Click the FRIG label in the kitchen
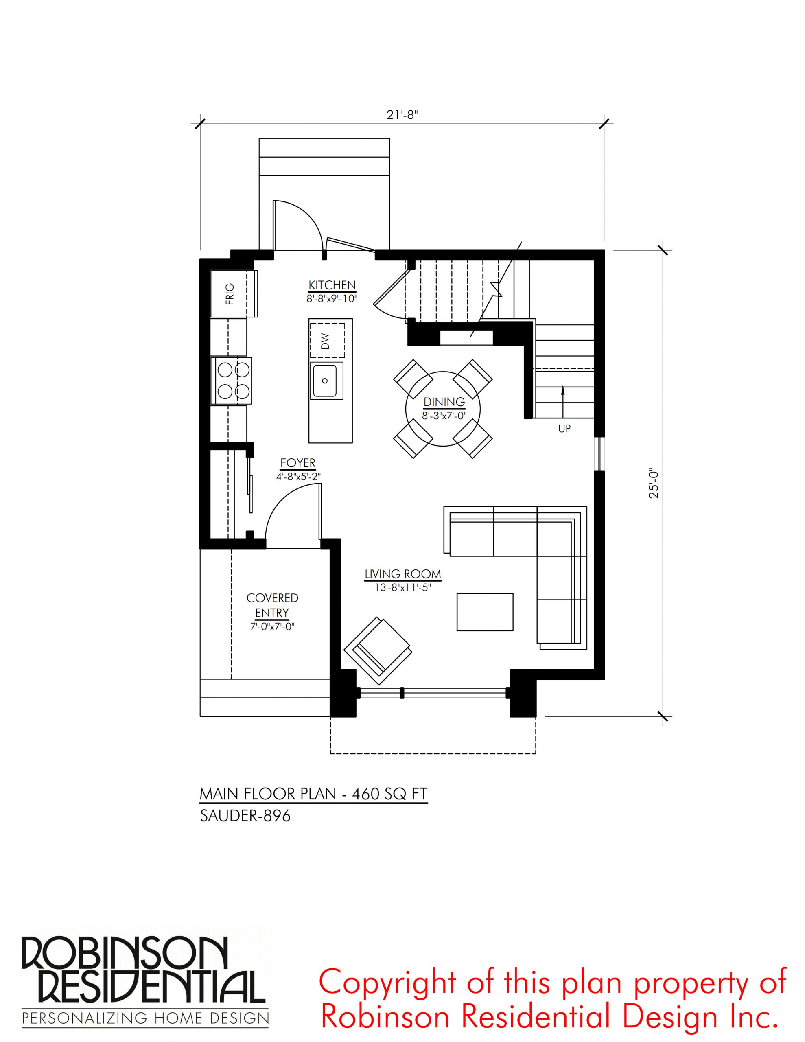[x=230, y=294]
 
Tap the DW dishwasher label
[x=326, y=341]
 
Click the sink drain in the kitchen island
[x=325, y=381]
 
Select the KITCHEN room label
[x=332, y=285]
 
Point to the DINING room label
[x=444, y=402]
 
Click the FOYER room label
[x=298, y=463]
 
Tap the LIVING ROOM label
[x=403, y=574]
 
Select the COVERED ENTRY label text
[x=272, y=605]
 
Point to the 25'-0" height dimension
[x=654, y=484]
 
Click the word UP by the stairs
[x=564, y=429]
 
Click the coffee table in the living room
[x=485, y=612]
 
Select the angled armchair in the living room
[x=377, y=646]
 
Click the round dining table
[x=443, y=409]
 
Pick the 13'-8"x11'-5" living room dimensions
[x=403, y=588]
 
